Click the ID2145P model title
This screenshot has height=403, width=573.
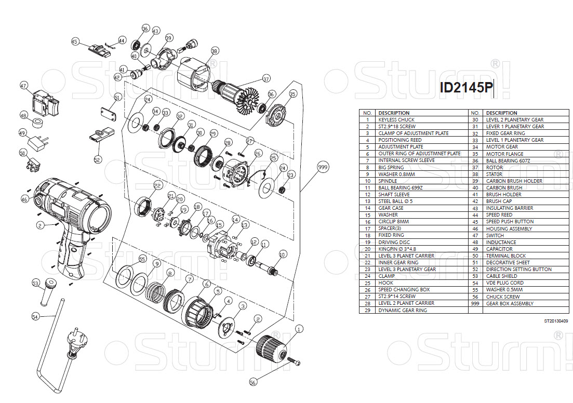[x=465, y=88]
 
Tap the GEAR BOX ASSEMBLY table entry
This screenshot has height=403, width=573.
[x=510, y=303]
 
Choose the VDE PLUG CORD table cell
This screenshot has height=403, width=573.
[x=505, y=283]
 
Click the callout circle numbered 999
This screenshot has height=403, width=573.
[x=323, y=167]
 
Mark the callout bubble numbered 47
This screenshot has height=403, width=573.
[x=24, y=86]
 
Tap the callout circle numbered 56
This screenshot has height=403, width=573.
[x=253, y=382]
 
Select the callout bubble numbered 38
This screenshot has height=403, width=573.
[x=215, y=51]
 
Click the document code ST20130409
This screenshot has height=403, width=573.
[x=556, y=321]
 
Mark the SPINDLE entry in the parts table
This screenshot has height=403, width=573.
[x=388, y=181]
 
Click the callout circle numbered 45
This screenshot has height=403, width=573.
[x=75, y=42]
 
